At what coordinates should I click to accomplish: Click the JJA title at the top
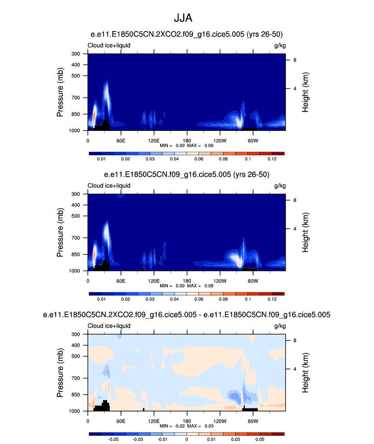click(x=187, y=19)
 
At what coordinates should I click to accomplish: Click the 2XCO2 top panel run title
click(x=187, y=34)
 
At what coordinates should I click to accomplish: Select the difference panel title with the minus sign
click(x=187, y=315)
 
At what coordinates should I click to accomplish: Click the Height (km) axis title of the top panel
click(x=305, y=92)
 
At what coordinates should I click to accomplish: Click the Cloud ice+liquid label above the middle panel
click(x=109, y=186)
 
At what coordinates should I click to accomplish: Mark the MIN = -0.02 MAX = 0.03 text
click(x=187, y=425)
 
